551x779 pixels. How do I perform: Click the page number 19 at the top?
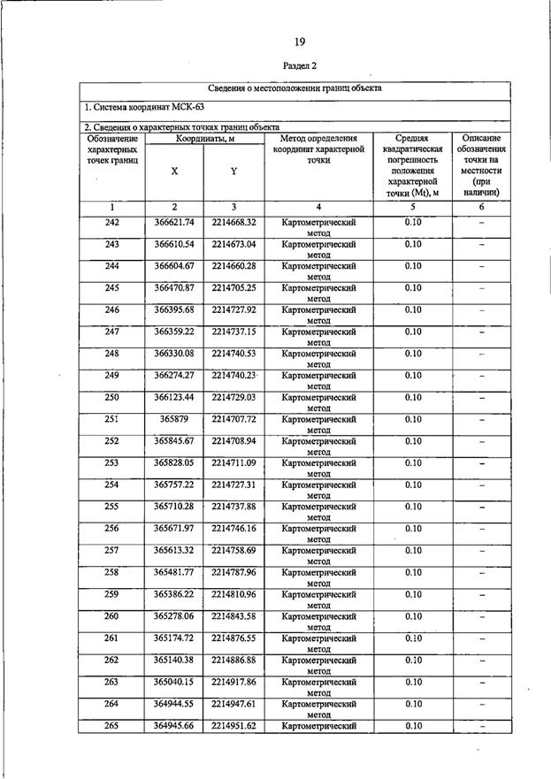click(300, 41)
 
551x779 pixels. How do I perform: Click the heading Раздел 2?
click(300, 66)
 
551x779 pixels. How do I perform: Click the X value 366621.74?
click(174, 222)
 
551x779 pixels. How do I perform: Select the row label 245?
click(112, 288)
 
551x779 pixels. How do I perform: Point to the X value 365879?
click(174, 419)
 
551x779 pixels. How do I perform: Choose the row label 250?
click(112, 398)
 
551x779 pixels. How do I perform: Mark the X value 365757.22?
click(174, 485)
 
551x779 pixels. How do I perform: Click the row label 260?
click(112, 616)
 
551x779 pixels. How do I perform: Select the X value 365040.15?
click(174, 683)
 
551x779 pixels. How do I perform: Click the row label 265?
click(112, 726)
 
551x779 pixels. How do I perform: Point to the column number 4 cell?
click(318, 206)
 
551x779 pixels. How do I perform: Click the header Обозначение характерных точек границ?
click(112, 153)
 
